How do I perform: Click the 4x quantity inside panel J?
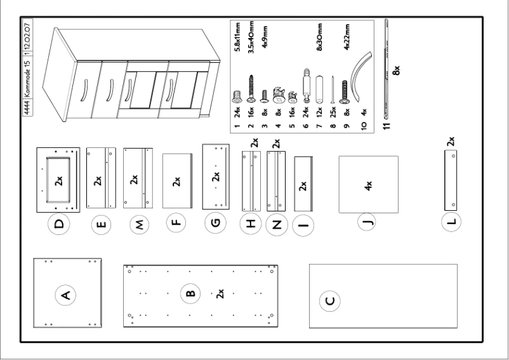click(x=367, y=185)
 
